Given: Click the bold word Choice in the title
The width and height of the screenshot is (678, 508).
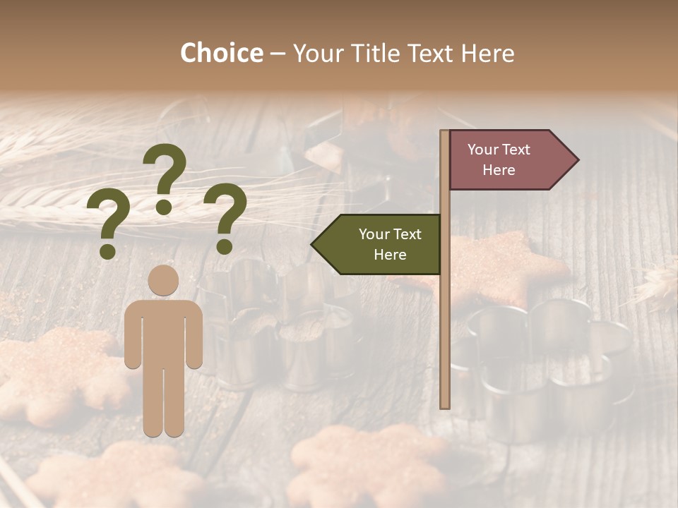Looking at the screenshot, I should (x=221, y=53).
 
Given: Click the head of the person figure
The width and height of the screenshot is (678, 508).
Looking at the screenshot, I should (x=164, y=280).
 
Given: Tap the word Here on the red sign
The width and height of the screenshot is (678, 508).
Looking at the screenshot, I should (x=499, y=170).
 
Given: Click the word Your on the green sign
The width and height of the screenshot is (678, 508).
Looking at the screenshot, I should (x=374, y=234).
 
